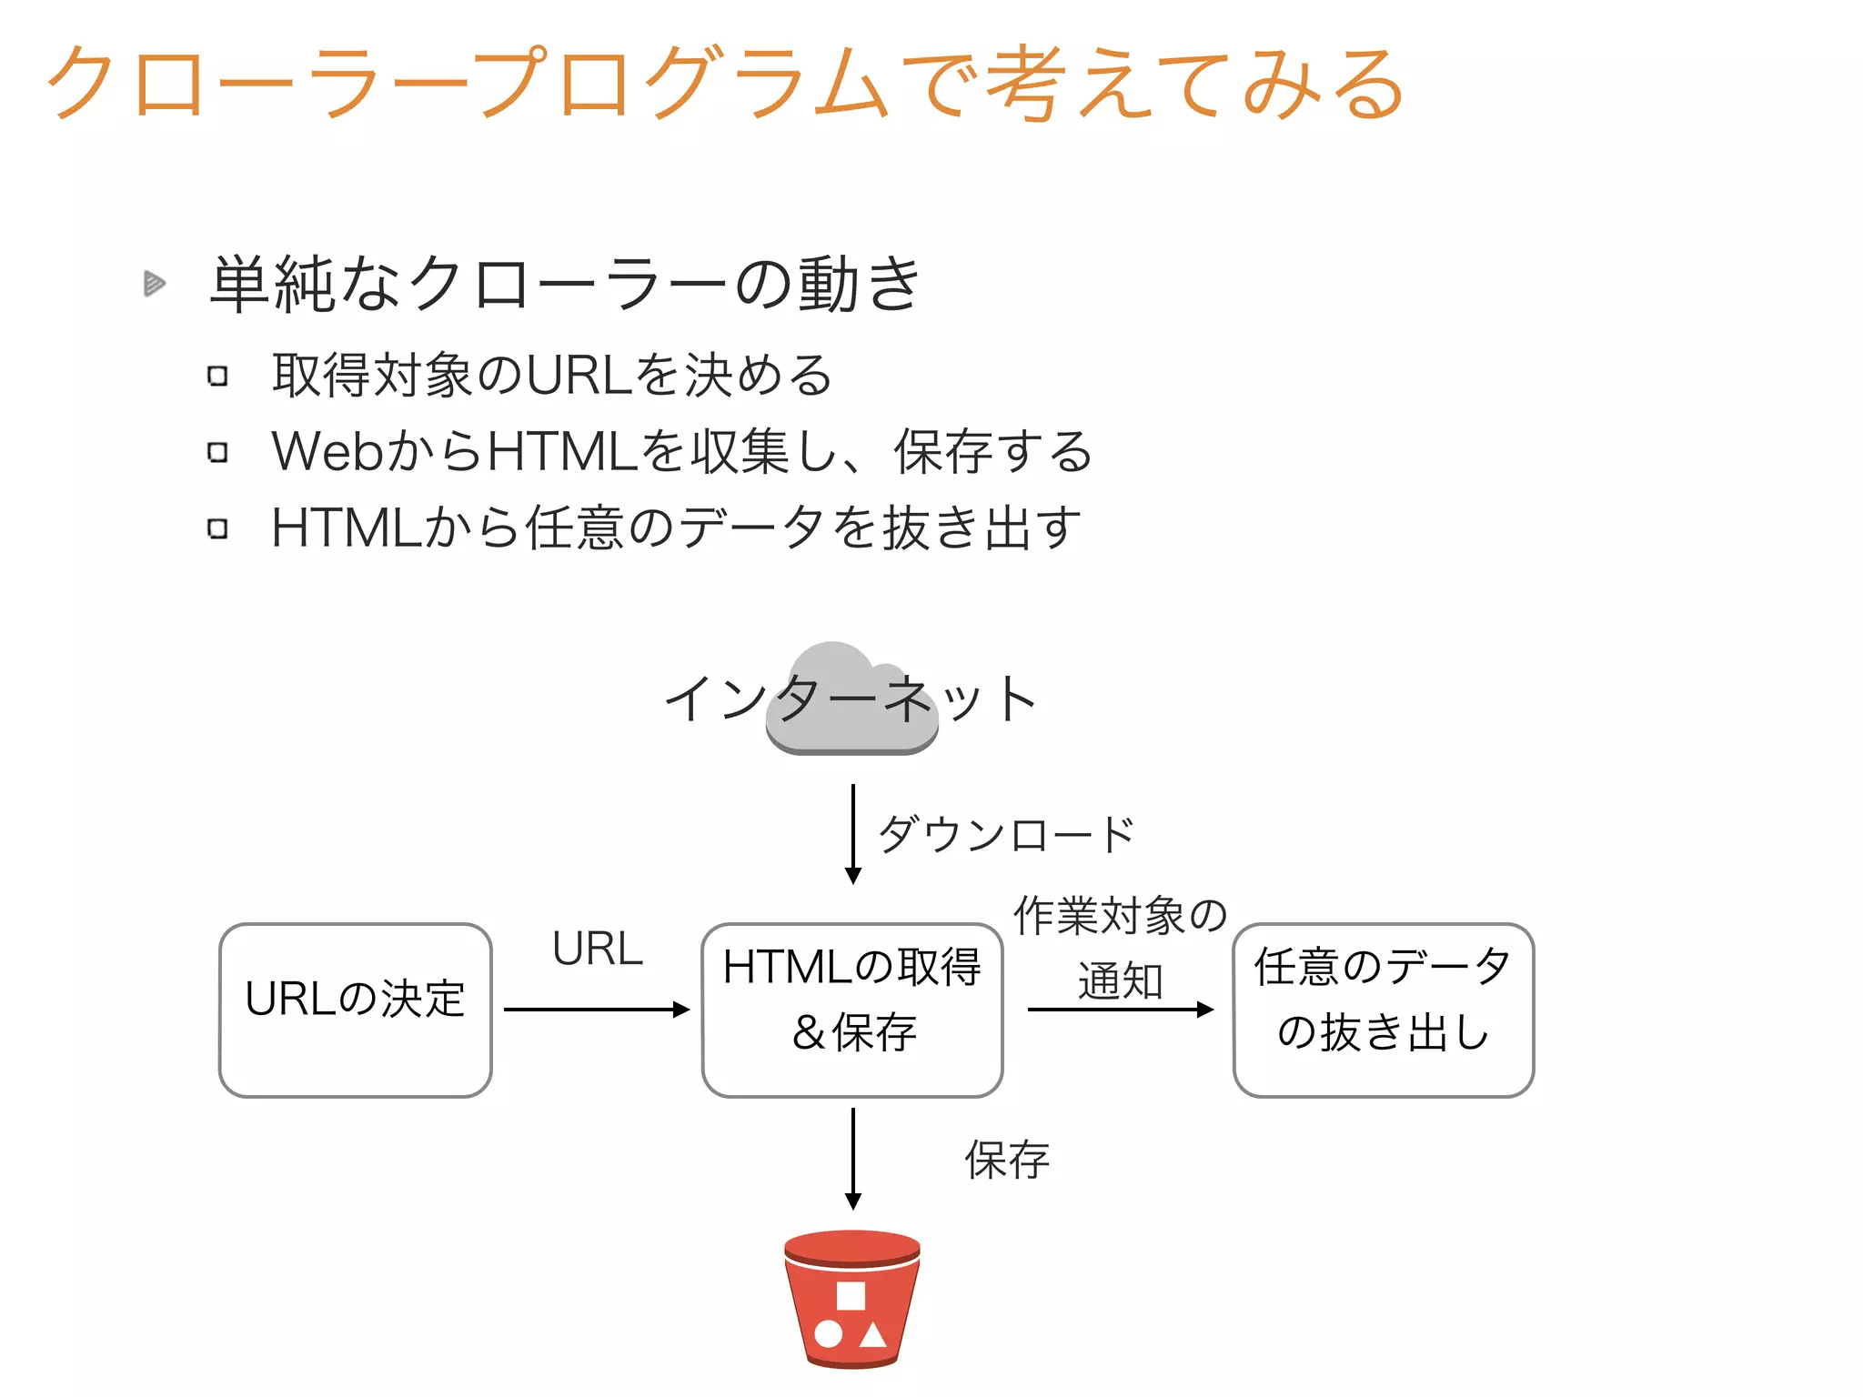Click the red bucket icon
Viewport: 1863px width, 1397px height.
click(x=852, y=1299)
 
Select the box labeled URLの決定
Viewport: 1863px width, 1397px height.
click(x=356, y=1010)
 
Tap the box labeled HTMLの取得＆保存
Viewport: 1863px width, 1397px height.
click(x=852, y=1010)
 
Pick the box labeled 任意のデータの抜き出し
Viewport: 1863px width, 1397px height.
click(x=1383, y=1010)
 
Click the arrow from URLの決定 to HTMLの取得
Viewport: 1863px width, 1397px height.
click(x=596, y=1010)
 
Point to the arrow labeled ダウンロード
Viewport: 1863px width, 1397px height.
click(x=853, y=832)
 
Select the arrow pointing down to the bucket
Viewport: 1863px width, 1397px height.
click(x=853, y=1158)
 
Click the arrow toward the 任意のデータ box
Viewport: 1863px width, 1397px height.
click(x=1120, y=1010)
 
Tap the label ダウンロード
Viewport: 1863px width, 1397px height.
click(x=1006, y=834)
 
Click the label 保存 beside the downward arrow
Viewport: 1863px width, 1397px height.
click(x=1007, y=1160)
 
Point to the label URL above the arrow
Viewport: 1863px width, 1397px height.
click(x=598, y=949)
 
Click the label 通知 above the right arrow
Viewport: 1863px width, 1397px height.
click(x=1120, y=980)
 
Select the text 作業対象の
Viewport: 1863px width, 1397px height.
click(x=1120, y=915)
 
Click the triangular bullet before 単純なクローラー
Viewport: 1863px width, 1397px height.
click(x=154, y=284)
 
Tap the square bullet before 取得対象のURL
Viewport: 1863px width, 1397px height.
click(x=217, y=376)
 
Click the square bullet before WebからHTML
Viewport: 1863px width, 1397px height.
click(x=217, y=452)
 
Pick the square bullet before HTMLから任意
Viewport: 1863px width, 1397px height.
click(x=217, y=528)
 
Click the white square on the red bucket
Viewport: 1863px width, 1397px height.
click(x=851, y=1295)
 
